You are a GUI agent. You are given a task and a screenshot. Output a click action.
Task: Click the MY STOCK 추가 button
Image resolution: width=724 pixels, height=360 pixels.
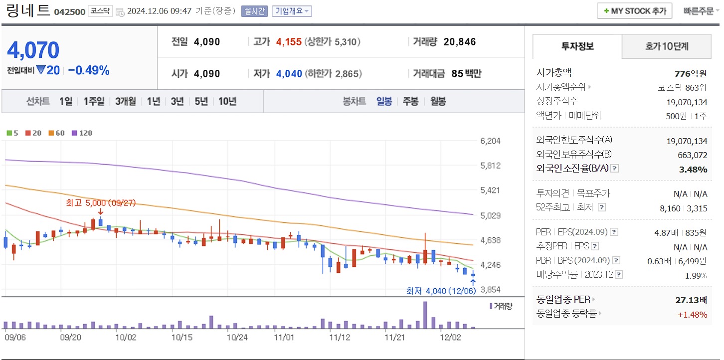tap(634, 11)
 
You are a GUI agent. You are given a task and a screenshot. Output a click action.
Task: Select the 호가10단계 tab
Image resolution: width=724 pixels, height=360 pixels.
tap(667, 46)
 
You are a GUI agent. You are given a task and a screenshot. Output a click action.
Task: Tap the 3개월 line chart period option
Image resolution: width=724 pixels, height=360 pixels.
tap(125, 101)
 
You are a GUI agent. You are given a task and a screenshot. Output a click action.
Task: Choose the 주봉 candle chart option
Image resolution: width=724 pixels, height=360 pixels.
tap(410, 101)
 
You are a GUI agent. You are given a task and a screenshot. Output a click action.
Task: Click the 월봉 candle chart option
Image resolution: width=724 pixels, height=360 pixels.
tap(438, 101)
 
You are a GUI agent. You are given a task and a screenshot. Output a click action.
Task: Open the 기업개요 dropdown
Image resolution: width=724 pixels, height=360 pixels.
tap(292, 11)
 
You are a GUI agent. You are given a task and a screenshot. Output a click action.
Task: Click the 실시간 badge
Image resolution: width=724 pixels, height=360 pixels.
tap(254, 11)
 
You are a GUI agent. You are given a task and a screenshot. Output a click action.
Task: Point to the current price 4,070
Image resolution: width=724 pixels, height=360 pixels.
tap(33, 50)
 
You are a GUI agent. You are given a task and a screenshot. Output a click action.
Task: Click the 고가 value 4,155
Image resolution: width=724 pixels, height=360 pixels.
tap(289, 42)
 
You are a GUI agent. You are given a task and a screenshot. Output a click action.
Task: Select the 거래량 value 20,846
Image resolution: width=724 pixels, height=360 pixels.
tap(459, 42)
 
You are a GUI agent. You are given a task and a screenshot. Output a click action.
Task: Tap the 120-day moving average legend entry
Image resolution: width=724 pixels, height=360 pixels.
tap(82, 133)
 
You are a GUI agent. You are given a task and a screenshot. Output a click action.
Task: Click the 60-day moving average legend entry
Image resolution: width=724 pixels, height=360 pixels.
tap(56, 133)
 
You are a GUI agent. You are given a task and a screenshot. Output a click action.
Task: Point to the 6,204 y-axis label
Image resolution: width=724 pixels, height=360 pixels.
tap(490, 141)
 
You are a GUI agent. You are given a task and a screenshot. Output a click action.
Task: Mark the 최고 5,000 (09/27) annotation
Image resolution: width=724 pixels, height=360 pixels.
tap(100, 203)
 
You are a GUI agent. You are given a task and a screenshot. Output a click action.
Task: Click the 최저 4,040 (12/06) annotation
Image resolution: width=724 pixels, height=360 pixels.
tap(441, 291)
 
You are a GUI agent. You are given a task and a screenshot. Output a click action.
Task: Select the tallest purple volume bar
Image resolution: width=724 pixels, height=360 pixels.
tap(425, 315)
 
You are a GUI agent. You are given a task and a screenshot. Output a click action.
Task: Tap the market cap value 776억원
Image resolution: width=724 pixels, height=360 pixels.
tap(691, 73)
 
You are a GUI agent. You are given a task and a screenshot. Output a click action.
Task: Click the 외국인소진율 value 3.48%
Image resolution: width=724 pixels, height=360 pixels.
tap(693, 170)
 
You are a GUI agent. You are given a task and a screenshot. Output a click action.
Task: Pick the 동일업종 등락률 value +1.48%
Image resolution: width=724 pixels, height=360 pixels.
tap(692, 314)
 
